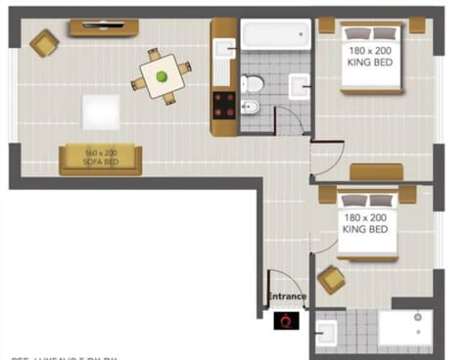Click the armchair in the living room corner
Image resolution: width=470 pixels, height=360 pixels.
pyautogui.click(x=44, y=42)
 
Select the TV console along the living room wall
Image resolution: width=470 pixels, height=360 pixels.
pyautogui.click(x=103, y=27)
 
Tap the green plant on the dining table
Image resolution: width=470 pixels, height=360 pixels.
pyautogui.click(x=162, y=73)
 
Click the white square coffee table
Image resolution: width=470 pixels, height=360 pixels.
pyautogui.click(x=101, y=112)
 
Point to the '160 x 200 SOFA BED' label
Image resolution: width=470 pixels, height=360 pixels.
pyautogui.click(x=100, y=157)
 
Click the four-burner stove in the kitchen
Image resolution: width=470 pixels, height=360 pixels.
pyautogui.click(x=223, y=105)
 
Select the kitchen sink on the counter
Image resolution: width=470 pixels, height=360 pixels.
pyautogui.click(x=224, y=49)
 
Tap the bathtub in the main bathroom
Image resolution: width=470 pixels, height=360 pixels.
pyautogui.click(x=275, y=35)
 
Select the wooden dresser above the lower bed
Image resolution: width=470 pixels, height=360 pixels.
pyautogui.click(x=376, y=173)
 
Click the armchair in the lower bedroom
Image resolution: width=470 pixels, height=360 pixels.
pyautogui.click(x=331, y=280)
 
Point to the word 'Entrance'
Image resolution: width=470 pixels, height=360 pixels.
pyautogui.click(x=287, y=296)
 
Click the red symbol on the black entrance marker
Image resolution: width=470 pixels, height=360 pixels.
pyautogui.click(x=286, y=320)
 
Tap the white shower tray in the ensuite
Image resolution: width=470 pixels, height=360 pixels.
pyautogui.click(x=404, y=329)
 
